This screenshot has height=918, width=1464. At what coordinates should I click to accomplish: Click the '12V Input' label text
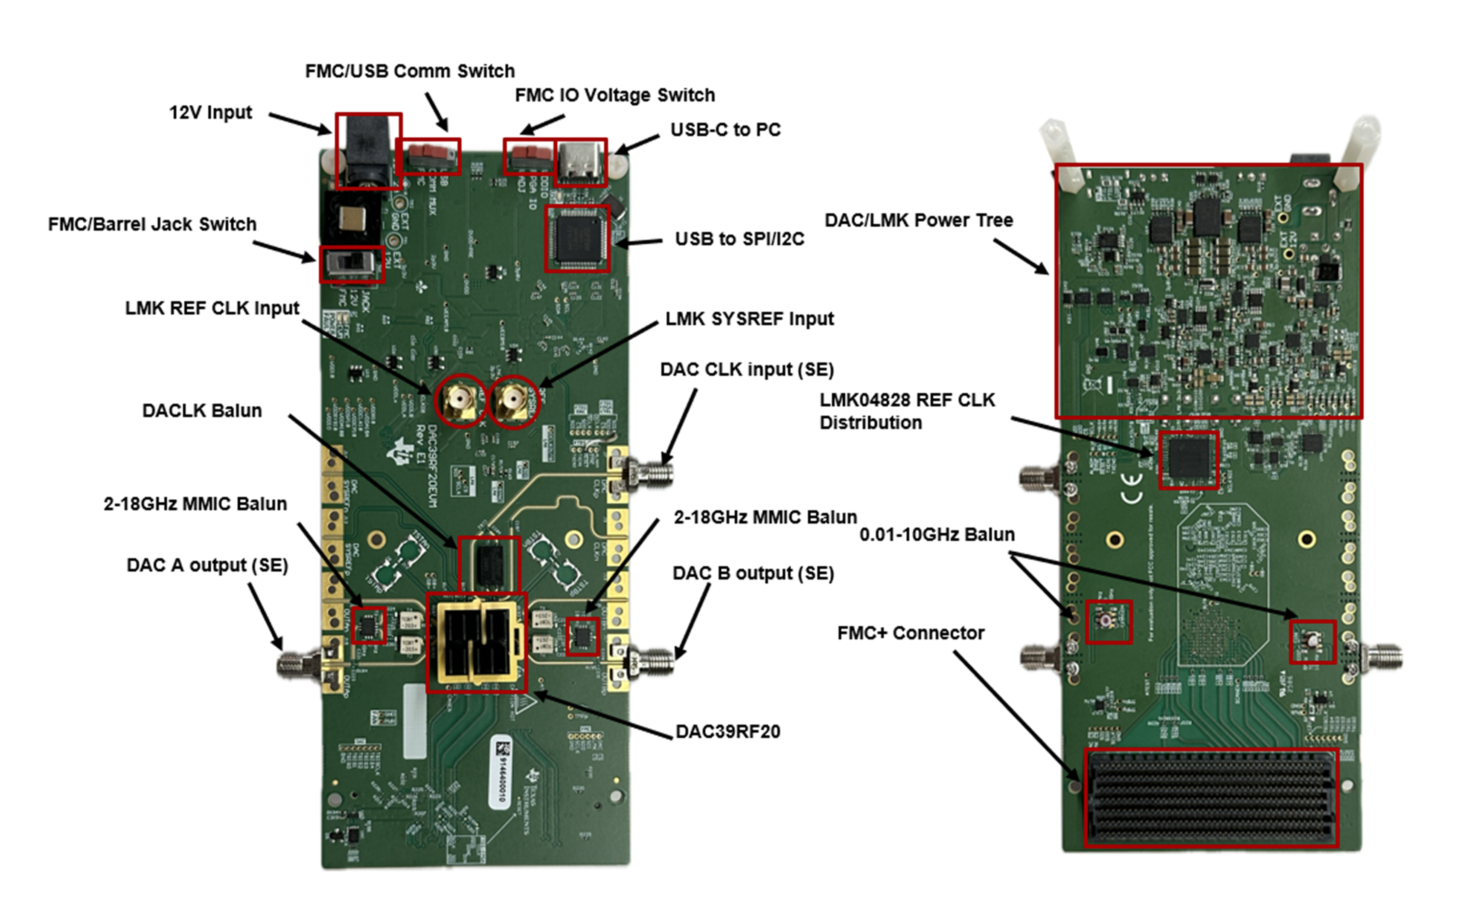pos(210,113)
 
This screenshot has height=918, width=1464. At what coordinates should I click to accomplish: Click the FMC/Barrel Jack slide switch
pos(352,264)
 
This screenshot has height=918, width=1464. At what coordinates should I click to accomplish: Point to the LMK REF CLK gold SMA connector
pos(460,401)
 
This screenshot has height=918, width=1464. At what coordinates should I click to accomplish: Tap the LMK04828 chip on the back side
pos(1189,460)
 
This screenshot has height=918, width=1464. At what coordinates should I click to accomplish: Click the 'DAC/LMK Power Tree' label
pos(919,220)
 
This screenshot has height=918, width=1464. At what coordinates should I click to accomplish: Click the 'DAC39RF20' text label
pos(728,732)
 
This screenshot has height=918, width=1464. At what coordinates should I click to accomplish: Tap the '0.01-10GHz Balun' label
pos(937,535)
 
